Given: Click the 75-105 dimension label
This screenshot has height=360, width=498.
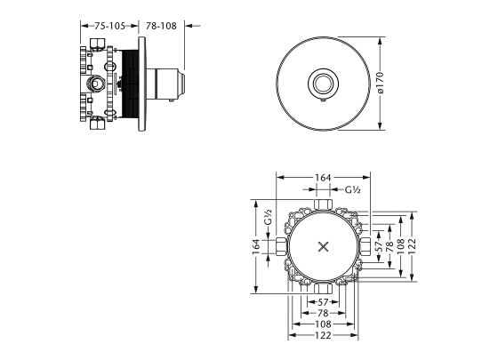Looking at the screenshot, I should [x=110, y=27].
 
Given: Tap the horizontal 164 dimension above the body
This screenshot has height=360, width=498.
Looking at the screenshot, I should [x=323, y=177].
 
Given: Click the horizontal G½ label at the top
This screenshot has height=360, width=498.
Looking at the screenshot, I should [x=351, y=190].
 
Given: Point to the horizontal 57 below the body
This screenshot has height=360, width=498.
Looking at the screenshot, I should [x=323, y=301].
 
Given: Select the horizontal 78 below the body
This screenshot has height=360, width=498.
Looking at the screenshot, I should [x=323, y=313].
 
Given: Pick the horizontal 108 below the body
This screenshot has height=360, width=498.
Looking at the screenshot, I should [x=323, y=324].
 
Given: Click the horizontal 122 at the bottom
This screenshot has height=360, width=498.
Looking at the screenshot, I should [x=323, y=336].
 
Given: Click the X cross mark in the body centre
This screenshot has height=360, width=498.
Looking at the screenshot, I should [x=323, y=244].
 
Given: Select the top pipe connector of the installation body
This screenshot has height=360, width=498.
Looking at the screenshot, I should [x=323, y=206].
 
